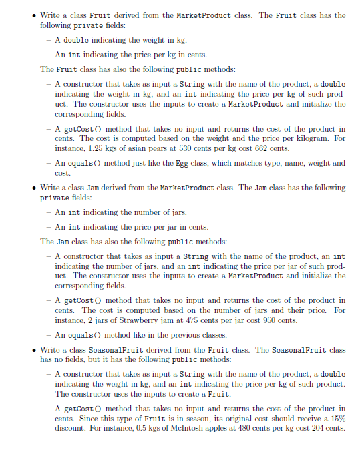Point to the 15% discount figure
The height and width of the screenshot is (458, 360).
(x=339, y=418)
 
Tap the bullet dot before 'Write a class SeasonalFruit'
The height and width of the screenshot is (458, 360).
(x=33, y=350)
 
